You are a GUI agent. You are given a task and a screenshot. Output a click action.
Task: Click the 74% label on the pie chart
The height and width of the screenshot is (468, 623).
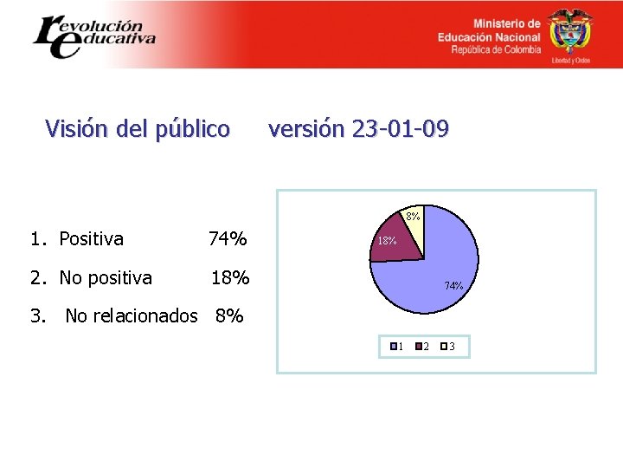[453, 285]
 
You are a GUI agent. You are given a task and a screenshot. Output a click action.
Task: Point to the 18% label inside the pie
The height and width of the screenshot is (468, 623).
[386, 241]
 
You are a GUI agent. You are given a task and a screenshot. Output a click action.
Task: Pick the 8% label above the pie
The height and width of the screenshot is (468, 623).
[412, 216]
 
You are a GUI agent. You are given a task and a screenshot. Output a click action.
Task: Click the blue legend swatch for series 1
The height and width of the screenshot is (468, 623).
[394, 348]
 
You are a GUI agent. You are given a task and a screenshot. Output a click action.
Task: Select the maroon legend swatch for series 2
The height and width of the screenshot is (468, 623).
[419, 348]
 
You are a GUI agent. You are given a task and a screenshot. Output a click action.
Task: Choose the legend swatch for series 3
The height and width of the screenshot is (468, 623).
[443, 348]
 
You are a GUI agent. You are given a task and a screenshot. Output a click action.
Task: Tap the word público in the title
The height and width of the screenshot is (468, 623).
[193, 130]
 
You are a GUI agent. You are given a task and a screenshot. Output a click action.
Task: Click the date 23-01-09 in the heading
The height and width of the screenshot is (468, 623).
[399, 129]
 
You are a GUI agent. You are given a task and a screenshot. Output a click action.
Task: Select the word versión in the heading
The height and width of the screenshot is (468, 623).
[305, 129]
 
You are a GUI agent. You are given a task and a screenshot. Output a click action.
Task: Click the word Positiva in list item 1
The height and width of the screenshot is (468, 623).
[91, 238]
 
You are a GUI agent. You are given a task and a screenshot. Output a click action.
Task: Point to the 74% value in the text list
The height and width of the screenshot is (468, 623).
[228, 238]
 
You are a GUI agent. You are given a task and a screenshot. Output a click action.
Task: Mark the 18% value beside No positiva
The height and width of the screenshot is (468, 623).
[230, 278]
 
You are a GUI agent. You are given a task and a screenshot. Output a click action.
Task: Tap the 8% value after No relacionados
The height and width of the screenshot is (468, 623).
[229, 316]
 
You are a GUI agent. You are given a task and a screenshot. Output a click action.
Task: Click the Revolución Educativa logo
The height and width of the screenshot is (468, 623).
[93, 35]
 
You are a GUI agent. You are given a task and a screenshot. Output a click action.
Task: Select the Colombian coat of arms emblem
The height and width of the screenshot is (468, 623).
[570, 33]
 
